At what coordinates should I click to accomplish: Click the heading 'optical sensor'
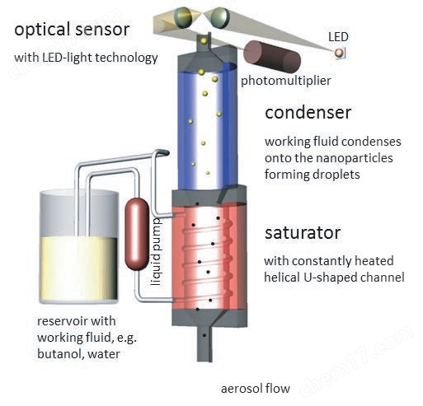click(72, 30)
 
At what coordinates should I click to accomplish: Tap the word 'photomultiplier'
click(286, 81)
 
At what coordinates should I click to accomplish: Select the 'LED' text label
click(338, 37)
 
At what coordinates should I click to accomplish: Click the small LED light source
click(340, 53)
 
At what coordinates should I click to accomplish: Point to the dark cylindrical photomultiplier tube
click(272, 57)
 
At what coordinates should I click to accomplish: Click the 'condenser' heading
click(308, 113)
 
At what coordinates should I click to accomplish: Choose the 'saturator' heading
click(303, 233)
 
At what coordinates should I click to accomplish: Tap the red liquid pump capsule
click(137, 234)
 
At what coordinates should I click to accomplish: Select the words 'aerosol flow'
click(256, 389)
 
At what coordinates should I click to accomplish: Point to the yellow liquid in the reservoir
click(79, 269)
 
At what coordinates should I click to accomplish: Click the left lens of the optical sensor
click(183, 17)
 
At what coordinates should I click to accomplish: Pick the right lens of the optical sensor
click(220, 17)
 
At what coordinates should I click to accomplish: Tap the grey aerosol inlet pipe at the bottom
click(204, 343)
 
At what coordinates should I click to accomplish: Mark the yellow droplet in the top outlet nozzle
click(204, 41)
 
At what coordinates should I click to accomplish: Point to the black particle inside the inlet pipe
click(204, 335)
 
